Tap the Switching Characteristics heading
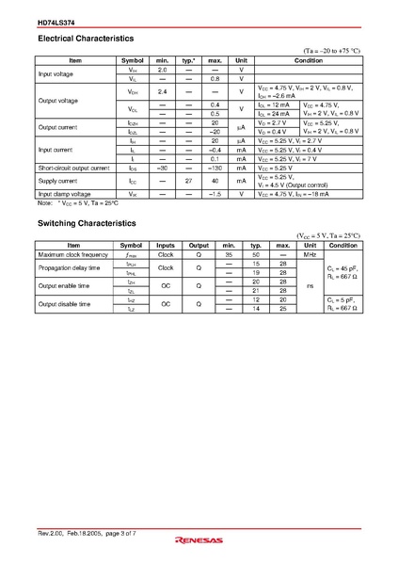pyautogui.click(x=87, y=223)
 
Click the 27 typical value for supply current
pyautogui.click(x=188, y=180)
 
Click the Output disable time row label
pyautogui.click(x=66, y=304)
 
